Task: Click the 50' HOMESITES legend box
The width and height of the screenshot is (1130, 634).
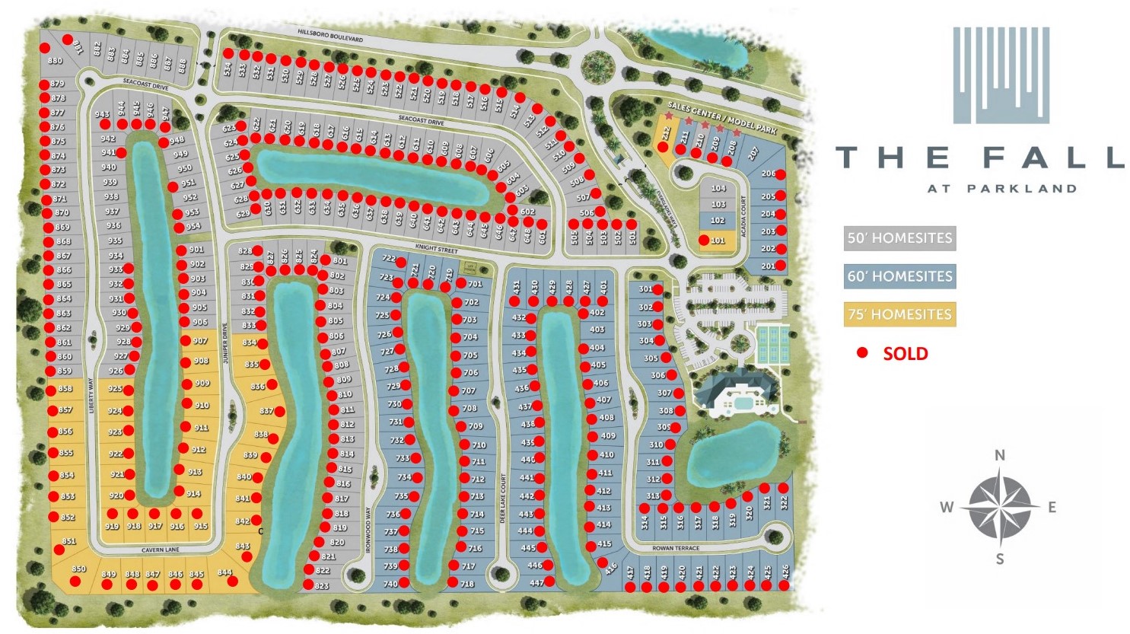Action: pyautogui.click(x=899, y=238)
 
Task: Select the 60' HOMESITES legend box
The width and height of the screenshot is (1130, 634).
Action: pyautogui.click(x=899, y=276)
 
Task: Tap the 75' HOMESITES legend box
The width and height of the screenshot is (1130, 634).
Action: pyautogui.click(x=899, y=314)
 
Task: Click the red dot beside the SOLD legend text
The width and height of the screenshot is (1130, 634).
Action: pyautogui.click(x=862, y=353)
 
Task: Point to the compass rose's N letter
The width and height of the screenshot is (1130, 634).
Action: pyautogui.click(x=1000, y=455)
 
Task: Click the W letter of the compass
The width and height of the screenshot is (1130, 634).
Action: pyautogui.click(x=947, y=508)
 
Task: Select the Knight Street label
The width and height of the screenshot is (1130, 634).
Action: pyautogui.click(x=436, y=249)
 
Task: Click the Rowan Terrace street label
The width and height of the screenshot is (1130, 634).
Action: pyautogui.click(x=675, y=548)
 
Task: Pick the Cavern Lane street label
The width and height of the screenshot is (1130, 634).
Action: pyautogui.click(x=160, y=550)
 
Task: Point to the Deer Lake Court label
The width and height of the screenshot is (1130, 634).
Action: pyautogui.click(x=503, y=498)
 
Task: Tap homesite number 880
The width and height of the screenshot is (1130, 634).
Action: pyautogui.click(x=55, y=61)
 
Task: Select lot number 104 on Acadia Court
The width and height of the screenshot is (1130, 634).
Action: pyautogui.click(x=718, y=188)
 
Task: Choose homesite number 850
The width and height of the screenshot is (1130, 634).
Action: pyautogui.click(x=78, y=569)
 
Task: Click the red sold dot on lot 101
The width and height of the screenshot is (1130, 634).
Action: pyautogui.click(x=704, y=241)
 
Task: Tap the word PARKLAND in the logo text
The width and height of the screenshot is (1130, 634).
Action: pyautogui.click(x=1022, y=189)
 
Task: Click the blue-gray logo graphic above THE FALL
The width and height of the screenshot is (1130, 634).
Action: pyautogui.click(x=1001, y=75)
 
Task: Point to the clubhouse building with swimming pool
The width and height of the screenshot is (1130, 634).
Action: pyautogui.click(x=735, y=392)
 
